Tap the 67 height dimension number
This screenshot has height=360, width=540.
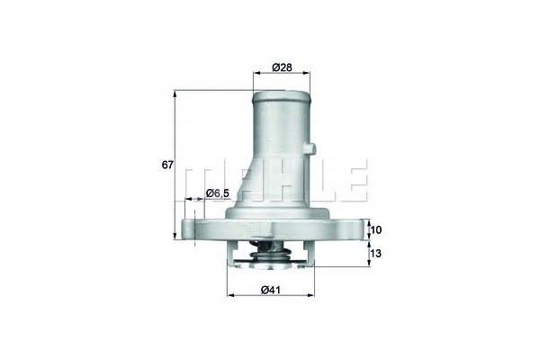[166, 165]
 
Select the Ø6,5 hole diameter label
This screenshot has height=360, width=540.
[219, 193]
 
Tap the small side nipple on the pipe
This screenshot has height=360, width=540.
[310, 145]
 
